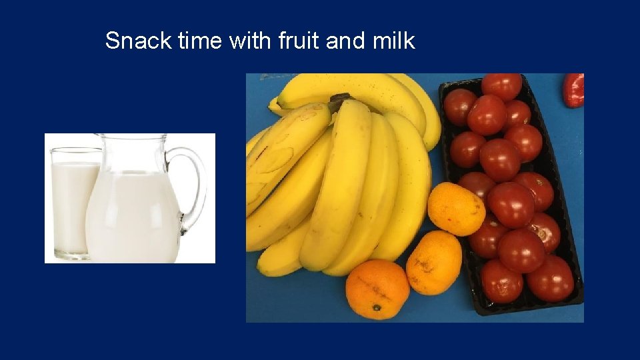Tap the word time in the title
click(200, 41)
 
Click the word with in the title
click(249, 41)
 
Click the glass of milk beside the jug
click(70, 200)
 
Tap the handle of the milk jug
click(191, 187)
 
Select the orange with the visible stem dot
click(377, 288)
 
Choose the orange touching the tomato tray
click(456, 209)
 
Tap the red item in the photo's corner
click(573, 90)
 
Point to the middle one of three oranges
click(434, 262)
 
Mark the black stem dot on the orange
click(377, 307)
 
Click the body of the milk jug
click(133, 213)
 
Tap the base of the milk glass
click(69, 254)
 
